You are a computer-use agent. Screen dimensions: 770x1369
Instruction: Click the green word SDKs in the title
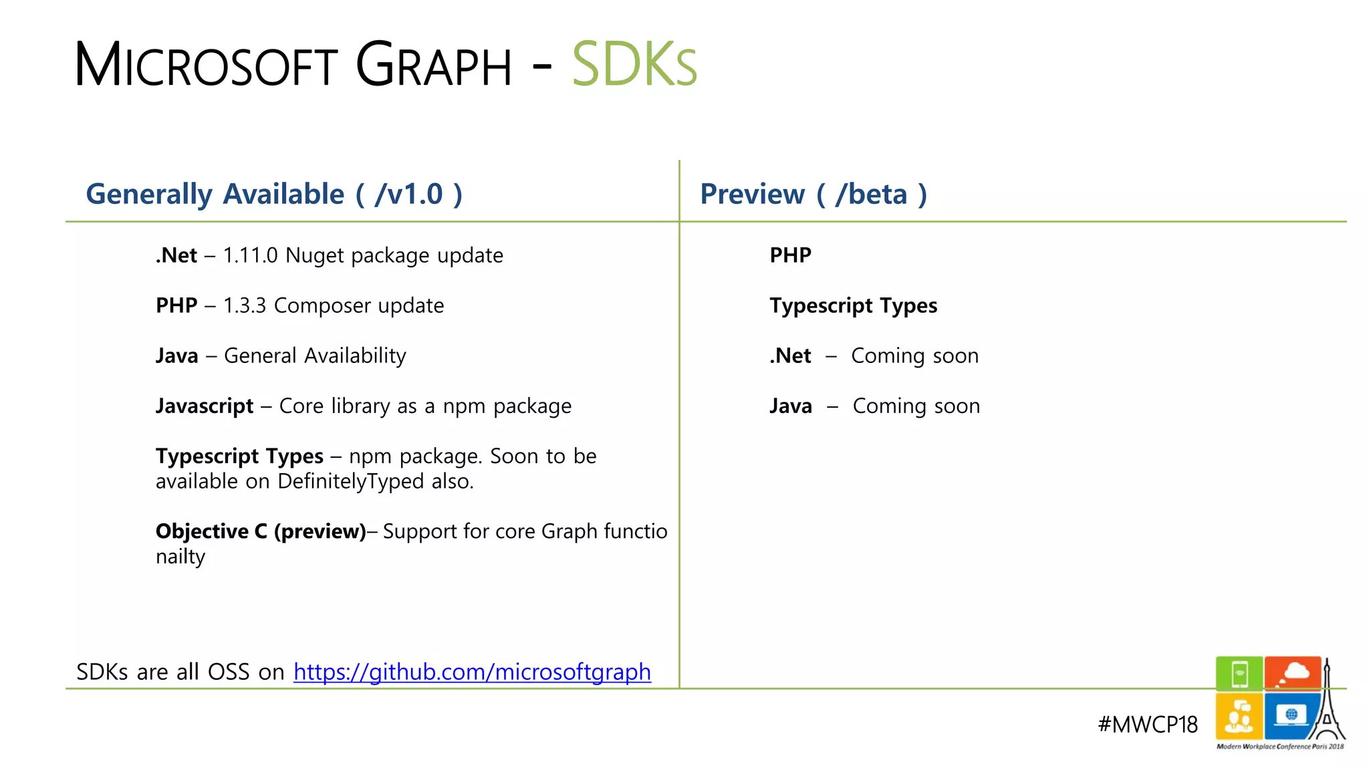click(634, 65)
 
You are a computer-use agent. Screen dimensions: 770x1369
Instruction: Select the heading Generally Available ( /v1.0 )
click(274, 195)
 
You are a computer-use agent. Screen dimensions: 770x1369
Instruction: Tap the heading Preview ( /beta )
click(813, 195)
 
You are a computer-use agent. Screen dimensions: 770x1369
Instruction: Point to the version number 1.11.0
click(250, 255)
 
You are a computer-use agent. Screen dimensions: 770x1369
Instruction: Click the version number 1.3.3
click(245, 305)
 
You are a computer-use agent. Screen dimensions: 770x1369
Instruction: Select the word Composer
click(322, 305)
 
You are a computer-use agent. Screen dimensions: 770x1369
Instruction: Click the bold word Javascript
click(205, 406)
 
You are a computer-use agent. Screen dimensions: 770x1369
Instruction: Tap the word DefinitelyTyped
click(350, 481)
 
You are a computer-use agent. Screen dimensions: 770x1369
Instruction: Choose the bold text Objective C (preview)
click(261, 531)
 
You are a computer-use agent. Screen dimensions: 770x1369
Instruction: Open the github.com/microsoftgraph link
click(472, 672)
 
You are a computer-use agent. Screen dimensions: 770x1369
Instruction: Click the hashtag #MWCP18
click(1147, 725)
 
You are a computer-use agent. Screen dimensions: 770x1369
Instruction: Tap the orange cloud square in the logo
click(1292, 673)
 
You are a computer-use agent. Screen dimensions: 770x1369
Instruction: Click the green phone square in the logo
click(1239, 673)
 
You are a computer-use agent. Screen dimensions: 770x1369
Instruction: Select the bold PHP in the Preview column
click(790, 255)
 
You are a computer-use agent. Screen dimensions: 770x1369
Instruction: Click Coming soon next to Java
click(916, 406)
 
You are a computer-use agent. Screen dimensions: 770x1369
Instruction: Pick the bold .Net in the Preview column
click(790, 356)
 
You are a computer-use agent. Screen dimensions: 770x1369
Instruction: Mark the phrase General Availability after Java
click(315, 356)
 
